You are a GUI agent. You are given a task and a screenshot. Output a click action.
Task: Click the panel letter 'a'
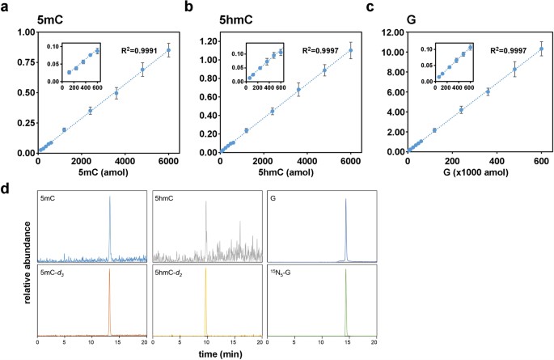(6, 7)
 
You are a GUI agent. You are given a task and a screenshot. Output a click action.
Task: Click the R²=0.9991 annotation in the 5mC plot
(149, 48)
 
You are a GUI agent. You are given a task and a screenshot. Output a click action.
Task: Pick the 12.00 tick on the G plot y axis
(391, 32)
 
